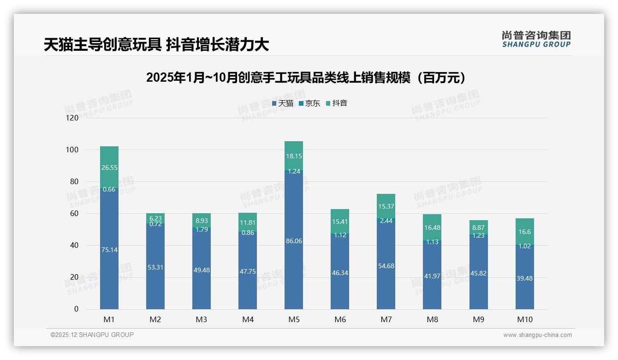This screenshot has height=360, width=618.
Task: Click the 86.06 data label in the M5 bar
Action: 294,240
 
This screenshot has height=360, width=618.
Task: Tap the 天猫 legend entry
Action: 283,103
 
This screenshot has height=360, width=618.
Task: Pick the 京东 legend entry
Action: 309,103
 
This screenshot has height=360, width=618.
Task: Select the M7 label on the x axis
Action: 386,319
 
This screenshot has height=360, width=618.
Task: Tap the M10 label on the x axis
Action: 524,319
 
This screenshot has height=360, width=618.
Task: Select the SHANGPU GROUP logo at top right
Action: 536,39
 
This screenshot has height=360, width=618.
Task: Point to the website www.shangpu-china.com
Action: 537,335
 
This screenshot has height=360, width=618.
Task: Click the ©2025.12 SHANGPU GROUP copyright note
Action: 92,335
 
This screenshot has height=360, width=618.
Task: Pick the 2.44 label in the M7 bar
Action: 386,221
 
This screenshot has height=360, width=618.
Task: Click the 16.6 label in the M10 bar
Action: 524,232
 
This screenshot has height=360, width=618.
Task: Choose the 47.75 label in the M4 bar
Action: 248,271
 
